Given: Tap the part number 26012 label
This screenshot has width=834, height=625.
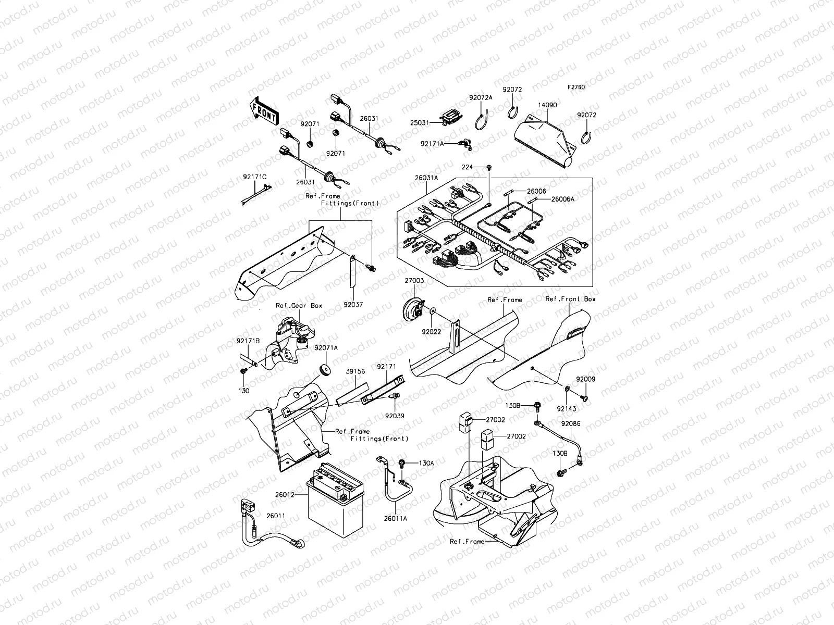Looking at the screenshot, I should [x=285, y=495].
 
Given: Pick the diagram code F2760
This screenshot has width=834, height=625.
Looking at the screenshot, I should [x=577, y=87].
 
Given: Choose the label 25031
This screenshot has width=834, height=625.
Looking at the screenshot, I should [x=419, y=123].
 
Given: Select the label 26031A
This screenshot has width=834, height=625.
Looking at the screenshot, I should [x=426, y=178].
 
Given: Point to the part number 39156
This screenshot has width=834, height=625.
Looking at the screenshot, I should [x=355, y=372].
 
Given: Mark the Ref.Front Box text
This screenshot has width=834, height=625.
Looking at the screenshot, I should [x=570, y=299].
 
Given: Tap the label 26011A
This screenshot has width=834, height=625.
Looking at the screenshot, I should [x=396, y=518].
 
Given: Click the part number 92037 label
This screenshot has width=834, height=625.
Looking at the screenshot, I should [x=353, y=304].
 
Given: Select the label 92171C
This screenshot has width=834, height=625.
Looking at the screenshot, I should [x=254, y=177].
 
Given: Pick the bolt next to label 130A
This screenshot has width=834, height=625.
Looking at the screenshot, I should [x=402, y=463].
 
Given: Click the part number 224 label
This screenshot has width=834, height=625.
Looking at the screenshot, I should [x=467, y=167].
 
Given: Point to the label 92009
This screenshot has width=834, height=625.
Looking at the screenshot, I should [x=585, y=380].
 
